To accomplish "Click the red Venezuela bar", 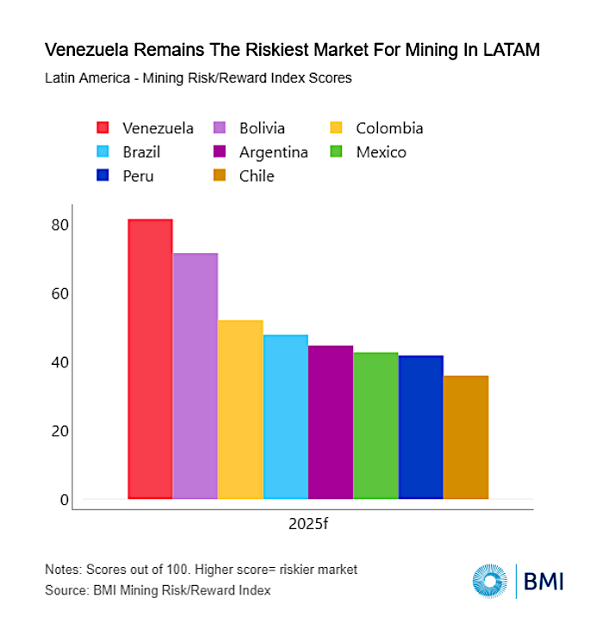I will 150,359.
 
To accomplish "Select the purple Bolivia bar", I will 195,376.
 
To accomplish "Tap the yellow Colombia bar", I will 240,410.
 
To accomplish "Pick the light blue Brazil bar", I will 286,416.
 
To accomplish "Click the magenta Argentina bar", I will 331,422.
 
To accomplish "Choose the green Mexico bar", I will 375,426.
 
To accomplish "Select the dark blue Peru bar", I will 421,428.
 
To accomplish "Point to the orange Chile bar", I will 466,437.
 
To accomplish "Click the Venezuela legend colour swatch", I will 102,129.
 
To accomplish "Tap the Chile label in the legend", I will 258,176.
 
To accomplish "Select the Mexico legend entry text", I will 381,152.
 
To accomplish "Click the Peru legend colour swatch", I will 102,176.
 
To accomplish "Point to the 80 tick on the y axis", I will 59,225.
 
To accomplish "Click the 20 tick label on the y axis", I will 59,431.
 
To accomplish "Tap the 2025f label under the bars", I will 308,524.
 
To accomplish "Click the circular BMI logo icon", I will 489,581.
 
